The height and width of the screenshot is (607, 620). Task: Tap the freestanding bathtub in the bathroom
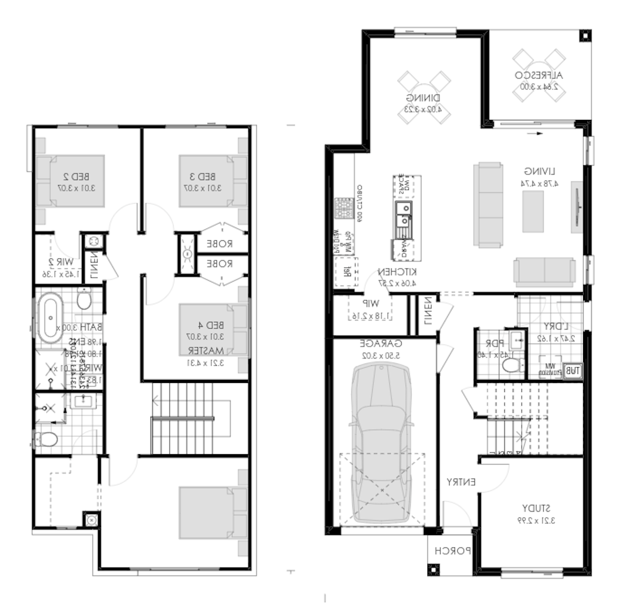point(50,319)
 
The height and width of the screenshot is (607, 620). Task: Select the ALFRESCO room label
point(539,75)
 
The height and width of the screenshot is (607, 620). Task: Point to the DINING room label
point(423,98)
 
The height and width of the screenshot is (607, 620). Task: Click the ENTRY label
point(460,482)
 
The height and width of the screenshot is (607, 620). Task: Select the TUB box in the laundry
point(572,371)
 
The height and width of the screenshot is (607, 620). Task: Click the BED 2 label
point(76,177)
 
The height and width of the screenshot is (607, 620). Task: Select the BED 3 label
point(202,177)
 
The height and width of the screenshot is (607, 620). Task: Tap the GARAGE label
point(381,344)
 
